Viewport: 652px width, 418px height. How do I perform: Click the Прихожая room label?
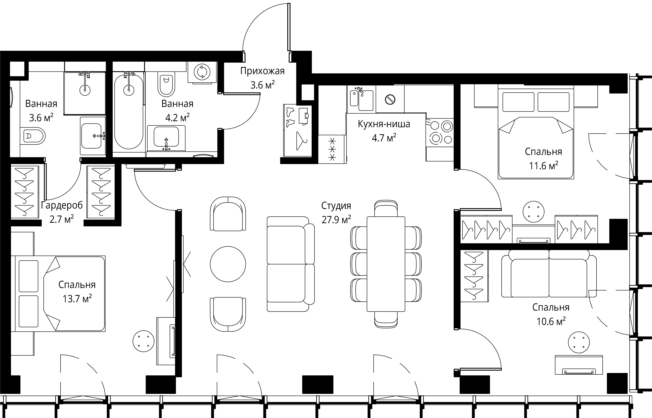[262, 71]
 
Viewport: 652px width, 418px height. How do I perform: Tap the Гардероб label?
[62, 205]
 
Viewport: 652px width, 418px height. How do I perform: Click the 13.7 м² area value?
[77, 299]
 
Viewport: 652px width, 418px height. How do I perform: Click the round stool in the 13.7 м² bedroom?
[144, 341]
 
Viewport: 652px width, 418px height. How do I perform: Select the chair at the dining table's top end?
[386, 209]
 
